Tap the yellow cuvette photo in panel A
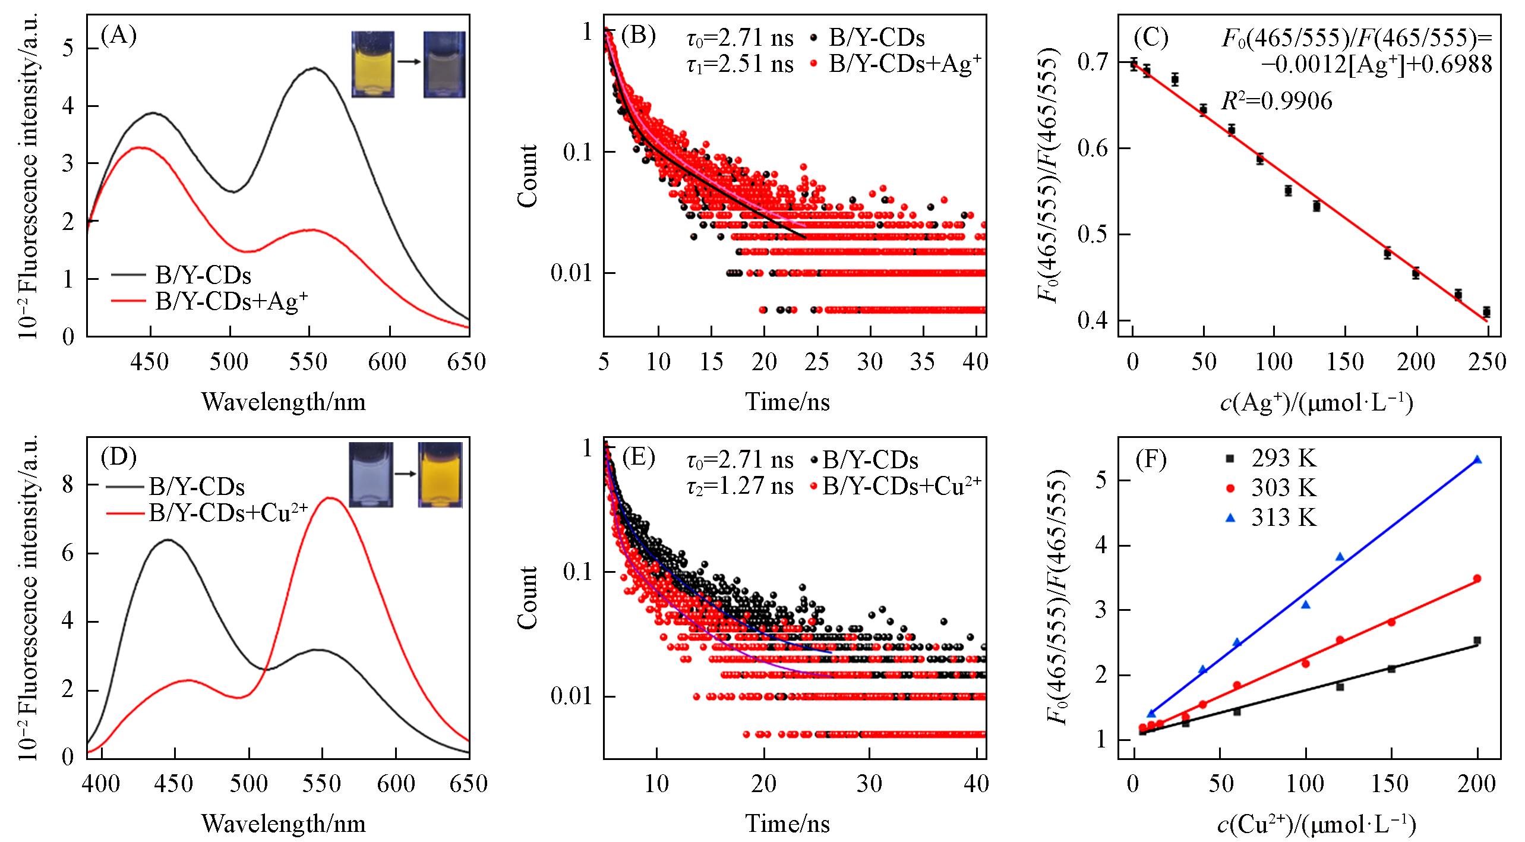tap(372, 64)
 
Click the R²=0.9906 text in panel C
tap(1276, 102)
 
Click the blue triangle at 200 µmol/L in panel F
tap(1477, 460)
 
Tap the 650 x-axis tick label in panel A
tap(467, 362)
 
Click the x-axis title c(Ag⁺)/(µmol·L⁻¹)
tap(1316, 403)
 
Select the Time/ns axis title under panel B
tap(787, 402)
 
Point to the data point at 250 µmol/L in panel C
tap(1486, 312)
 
